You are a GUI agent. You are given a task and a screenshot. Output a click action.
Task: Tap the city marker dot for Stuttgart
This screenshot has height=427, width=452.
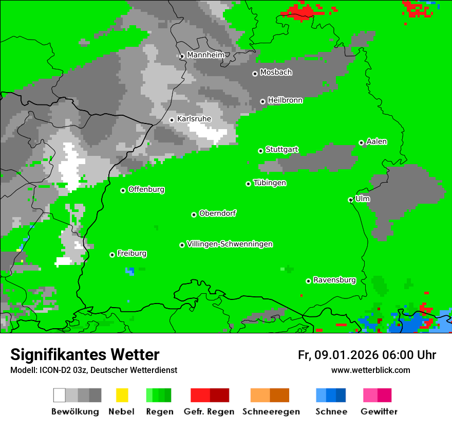point(260,151)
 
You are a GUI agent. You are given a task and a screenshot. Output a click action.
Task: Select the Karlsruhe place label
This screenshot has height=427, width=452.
point(194,119)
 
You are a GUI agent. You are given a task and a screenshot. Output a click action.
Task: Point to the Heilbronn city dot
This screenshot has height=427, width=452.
point(262,101)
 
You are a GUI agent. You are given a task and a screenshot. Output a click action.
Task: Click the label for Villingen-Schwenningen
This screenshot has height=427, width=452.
point(230,244)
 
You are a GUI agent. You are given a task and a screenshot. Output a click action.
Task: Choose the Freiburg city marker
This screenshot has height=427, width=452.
point(112,255)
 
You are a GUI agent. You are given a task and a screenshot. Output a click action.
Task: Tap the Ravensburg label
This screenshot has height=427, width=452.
point(334,280)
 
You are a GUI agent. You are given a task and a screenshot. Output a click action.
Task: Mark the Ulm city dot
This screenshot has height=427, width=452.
point(350,200)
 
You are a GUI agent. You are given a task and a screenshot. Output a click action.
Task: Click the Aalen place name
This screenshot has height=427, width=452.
point(376,141)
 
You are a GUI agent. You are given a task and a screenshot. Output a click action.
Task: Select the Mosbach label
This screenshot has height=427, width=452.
point(276,73)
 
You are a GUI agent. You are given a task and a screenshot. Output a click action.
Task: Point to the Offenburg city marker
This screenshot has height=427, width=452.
point(123,190)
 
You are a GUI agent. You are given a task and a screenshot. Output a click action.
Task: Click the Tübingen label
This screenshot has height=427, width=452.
point(270,183)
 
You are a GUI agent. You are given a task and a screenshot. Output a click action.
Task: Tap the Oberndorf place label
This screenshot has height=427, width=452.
point(218,213)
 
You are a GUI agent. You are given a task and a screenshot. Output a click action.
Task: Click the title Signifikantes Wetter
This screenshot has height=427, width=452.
point(85,354)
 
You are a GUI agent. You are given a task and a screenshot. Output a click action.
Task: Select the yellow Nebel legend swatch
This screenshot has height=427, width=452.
point(122,395)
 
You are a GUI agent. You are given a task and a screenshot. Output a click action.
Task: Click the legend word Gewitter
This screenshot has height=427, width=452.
point(379,412)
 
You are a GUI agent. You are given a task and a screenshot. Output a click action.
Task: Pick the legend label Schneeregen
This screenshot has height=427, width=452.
point(271,412)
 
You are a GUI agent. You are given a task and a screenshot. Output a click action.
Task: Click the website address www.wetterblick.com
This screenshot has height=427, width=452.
point(370,370)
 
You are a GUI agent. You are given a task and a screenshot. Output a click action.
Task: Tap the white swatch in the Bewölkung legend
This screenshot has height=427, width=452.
point(59,395)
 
